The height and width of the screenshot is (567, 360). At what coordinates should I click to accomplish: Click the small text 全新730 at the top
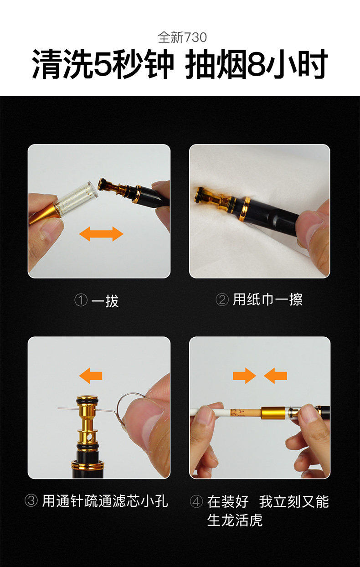coord(182,37)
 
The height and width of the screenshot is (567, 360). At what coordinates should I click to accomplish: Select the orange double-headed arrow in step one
coord(101,234)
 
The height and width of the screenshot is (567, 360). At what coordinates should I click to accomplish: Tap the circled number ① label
coord(81,300)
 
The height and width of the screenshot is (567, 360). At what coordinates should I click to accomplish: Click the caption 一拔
coord(105,300)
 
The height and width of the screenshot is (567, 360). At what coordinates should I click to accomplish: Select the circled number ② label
coord(222,300)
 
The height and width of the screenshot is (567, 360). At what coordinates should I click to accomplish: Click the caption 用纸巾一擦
coord(267,299)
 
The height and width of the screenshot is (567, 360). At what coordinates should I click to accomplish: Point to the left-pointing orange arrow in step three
coord(91,376)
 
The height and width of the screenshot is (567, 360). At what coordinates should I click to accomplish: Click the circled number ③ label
coord(31,500)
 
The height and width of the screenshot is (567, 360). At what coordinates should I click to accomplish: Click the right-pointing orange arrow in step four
coord(244,376)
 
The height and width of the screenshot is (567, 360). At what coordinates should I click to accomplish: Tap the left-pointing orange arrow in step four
coord(275,376)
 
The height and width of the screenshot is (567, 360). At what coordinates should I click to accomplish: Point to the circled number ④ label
coord(196,501)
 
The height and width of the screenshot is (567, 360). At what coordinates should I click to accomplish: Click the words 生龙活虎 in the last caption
coord(235,520)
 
